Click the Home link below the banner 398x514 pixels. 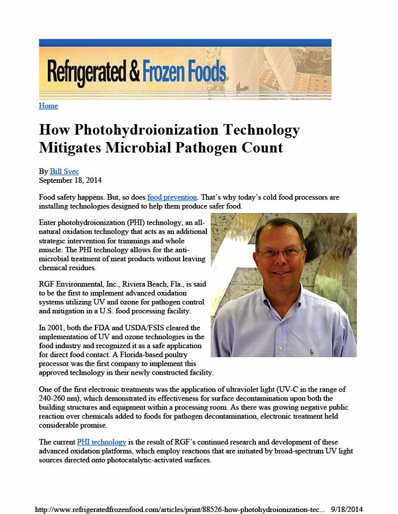48,106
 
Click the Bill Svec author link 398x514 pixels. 64,171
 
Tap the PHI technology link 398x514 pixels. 101,442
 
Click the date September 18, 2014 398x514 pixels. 71,180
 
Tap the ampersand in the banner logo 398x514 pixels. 133,72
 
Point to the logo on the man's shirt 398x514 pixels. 312,350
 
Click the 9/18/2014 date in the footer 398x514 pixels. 347,509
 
